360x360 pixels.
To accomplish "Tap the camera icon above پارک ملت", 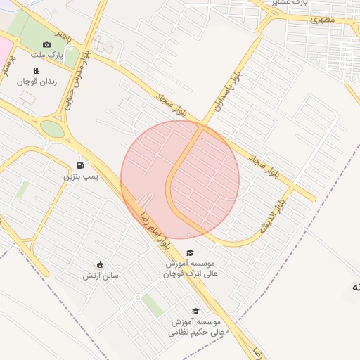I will coord(47,44).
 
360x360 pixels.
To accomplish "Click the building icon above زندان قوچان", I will coord(37,70).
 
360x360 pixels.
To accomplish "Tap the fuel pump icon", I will coord(80,165).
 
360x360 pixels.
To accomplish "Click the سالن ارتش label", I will coord(101,276).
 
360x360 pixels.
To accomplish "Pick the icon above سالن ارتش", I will coord(101,265).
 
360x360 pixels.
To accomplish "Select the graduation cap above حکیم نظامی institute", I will coord(195,311).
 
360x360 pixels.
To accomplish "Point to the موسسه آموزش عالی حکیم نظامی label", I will coord(198,326).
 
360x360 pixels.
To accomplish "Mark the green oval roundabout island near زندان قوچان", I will coord(51,129).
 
